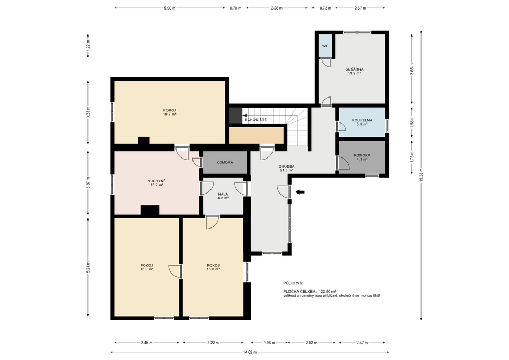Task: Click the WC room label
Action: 325,46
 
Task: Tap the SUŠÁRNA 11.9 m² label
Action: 354,71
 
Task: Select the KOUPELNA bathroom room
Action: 362,122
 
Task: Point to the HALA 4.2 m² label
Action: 223,196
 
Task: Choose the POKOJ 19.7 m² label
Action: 170,112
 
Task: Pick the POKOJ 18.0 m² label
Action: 147,267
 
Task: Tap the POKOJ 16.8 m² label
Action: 213,267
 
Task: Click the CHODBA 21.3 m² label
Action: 287,168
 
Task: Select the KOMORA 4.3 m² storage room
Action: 362,157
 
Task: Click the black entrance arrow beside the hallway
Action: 300,192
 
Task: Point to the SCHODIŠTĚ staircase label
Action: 256,120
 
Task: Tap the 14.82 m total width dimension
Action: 250,352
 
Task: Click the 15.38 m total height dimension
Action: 421,175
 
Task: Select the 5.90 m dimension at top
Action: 170,8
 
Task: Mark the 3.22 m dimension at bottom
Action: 213,343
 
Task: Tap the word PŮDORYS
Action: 293,283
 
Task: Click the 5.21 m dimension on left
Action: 89,267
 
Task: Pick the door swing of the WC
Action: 326,63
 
